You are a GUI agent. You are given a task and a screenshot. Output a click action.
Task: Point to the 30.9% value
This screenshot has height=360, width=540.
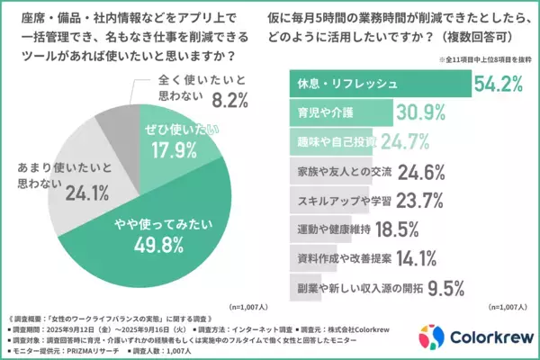click(x=424, y=112)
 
